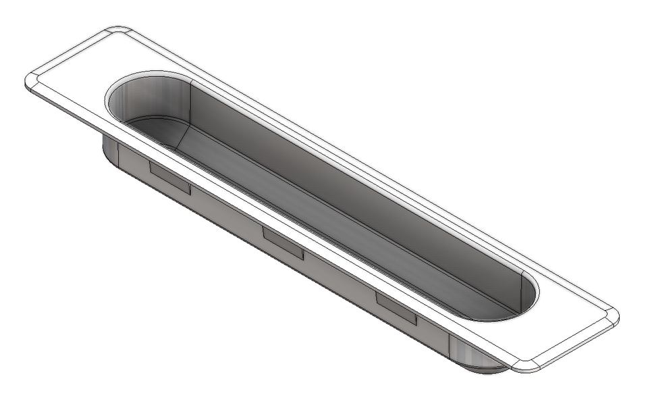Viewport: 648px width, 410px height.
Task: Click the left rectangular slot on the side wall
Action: [169, 178]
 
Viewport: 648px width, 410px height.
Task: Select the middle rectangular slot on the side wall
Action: [283, 243]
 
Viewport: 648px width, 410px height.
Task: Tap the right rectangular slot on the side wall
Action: [396, 308]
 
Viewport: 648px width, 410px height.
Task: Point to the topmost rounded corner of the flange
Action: [118, 30]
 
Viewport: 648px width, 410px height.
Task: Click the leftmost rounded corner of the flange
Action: [31, 80]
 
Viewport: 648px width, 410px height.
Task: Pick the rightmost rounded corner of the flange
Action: [613, 317]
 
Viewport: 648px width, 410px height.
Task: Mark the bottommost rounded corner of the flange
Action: [525, 366]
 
